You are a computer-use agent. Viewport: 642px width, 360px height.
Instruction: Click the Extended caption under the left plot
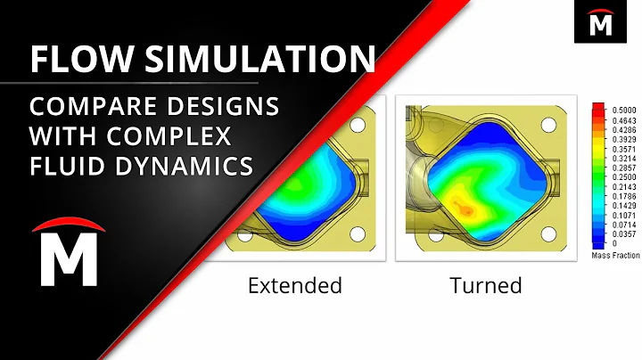(294, 286)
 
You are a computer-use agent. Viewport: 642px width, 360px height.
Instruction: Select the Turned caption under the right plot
(485, 286)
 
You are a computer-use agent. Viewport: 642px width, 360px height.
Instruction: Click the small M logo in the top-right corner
(599, 21)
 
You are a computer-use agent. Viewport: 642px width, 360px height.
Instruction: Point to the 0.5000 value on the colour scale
(622, 107)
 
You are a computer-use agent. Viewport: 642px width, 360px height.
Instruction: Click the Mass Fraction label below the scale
(614, 255)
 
